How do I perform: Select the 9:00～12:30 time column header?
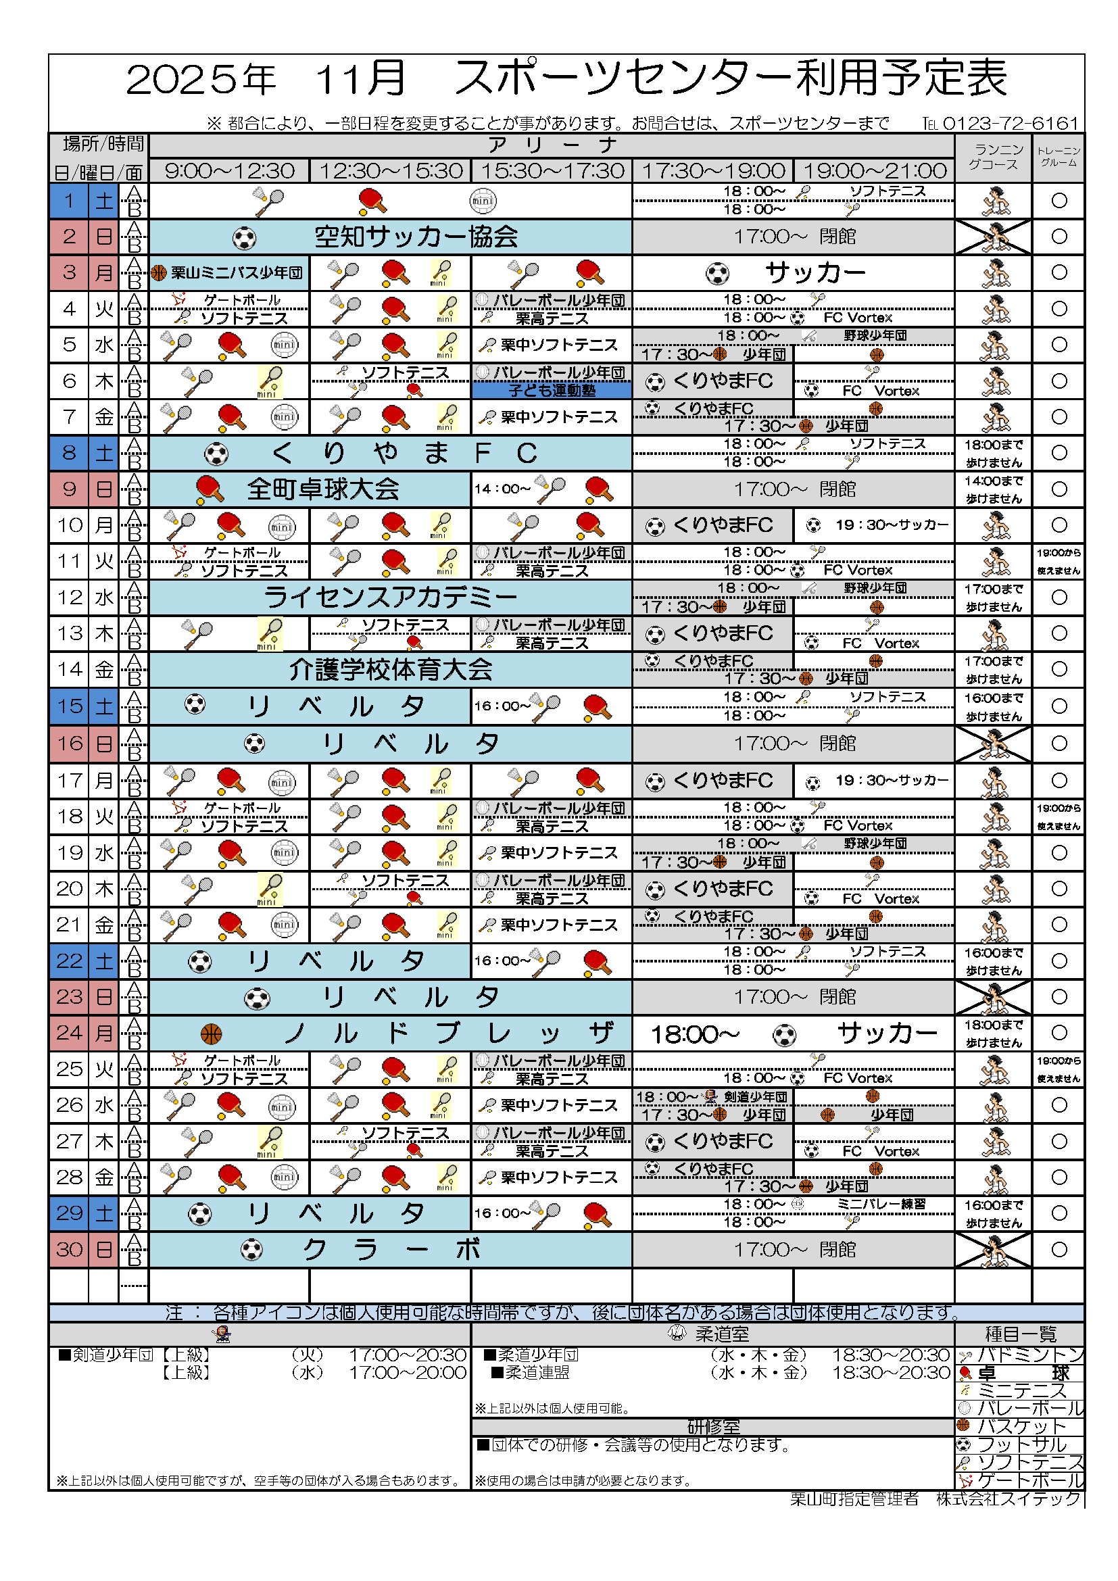[229, 171]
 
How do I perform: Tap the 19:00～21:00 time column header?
[874, 171]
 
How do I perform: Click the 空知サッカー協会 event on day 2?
[416, 237]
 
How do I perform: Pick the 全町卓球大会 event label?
[323, 489]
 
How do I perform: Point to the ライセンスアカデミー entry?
[389, 597]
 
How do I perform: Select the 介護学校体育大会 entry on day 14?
[389, 669]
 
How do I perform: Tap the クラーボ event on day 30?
[389, 1250]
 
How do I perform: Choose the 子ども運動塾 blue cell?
[551, 391]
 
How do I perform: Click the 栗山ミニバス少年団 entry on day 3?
[236, 272]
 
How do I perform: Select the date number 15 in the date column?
[70, 706]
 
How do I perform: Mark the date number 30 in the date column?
[70, 1250]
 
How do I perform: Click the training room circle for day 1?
[1059, 200]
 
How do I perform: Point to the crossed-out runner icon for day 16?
[994, 744]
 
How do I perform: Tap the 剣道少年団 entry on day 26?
[755, 1097]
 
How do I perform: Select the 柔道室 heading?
[721, 1334]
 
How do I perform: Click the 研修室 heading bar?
[712, 1427]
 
